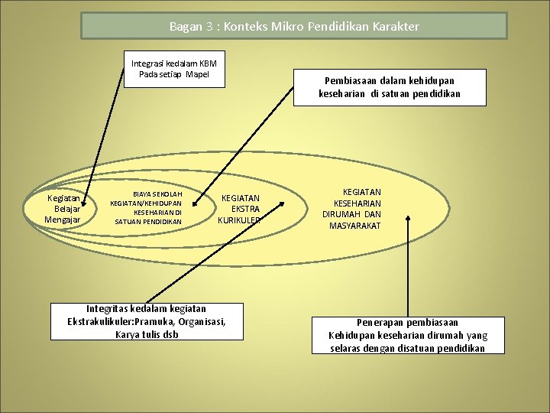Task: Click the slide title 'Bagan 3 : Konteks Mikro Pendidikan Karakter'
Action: click(294, 27)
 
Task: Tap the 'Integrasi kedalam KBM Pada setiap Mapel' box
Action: click(174, 69)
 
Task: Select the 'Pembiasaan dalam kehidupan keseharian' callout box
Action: click(390, 87)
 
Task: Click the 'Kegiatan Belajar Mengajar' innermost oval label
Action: click(63, 209)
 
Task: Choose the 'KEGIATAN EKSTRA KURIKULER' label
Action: click(240, 209)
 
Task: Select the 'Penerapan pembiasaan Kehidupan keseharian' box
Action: click(407, 335)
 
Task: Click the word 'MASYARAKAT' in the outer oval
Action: click(354, 226)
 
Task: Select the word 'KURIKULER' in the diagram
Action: click(240, 220)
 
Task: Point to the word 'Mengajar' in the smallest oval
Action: click(63, 220)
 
